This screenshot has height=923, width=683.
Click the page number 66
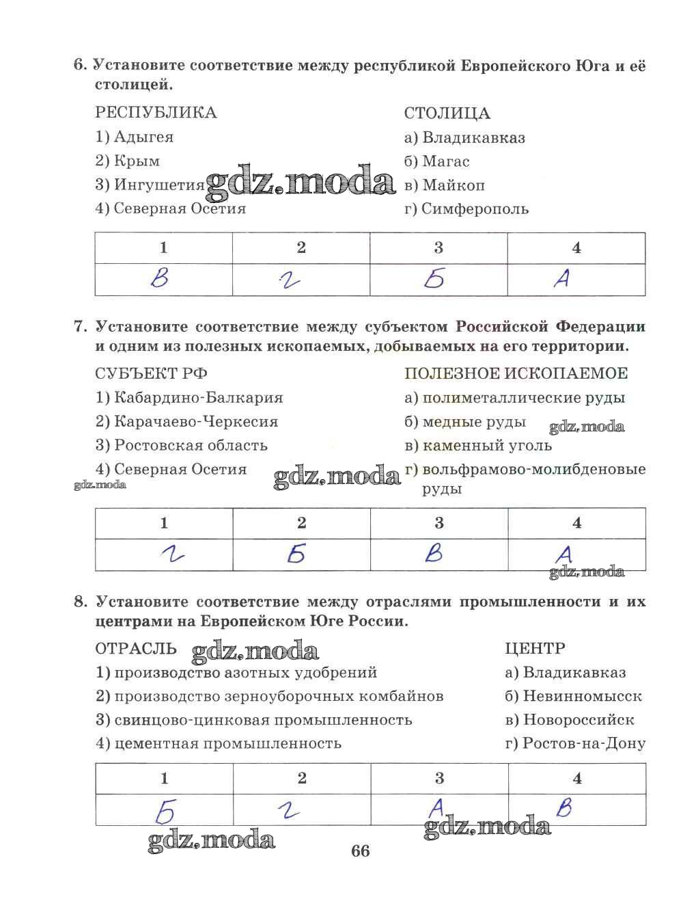(360, 851)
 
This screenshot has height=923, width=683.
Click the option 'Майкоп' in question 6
(453, 185)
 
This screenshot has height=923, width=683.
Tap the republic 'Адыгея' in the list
(143, 137)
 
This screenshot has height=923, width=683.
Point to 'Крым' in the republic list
(137, 161)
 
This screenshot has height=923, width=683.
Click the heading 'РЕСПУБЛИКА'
(156, 113)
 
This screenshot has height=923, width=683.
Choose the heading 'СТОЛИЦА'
(447, 113)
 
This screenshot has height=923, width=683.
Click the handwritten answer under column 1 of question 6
(161, 278)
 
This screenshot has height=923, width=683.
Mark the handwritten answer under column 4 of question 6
(561, 278)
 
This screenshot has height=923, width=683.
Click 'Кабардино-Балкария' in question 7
(198, 397)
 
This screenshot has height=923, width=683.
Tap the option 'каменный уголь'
(487, 446)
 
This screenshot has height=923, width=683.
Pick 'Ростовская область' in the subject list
(191, 446)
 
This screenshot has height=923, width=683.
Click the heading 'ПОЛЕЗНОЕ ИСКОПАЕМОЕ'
(516, 373)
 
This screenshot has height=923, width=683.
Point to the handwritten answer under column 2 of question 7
(296, 554)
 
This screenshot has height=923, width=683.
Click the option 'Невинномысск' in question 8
(582, 696)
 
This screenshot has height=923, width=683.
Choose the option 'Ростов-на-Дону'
(584, 743)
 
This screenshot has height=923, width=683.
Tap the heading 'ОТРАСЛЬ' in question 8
(136, 648)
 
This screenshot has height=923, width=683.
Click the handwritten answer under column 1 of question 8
(165, 811)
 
